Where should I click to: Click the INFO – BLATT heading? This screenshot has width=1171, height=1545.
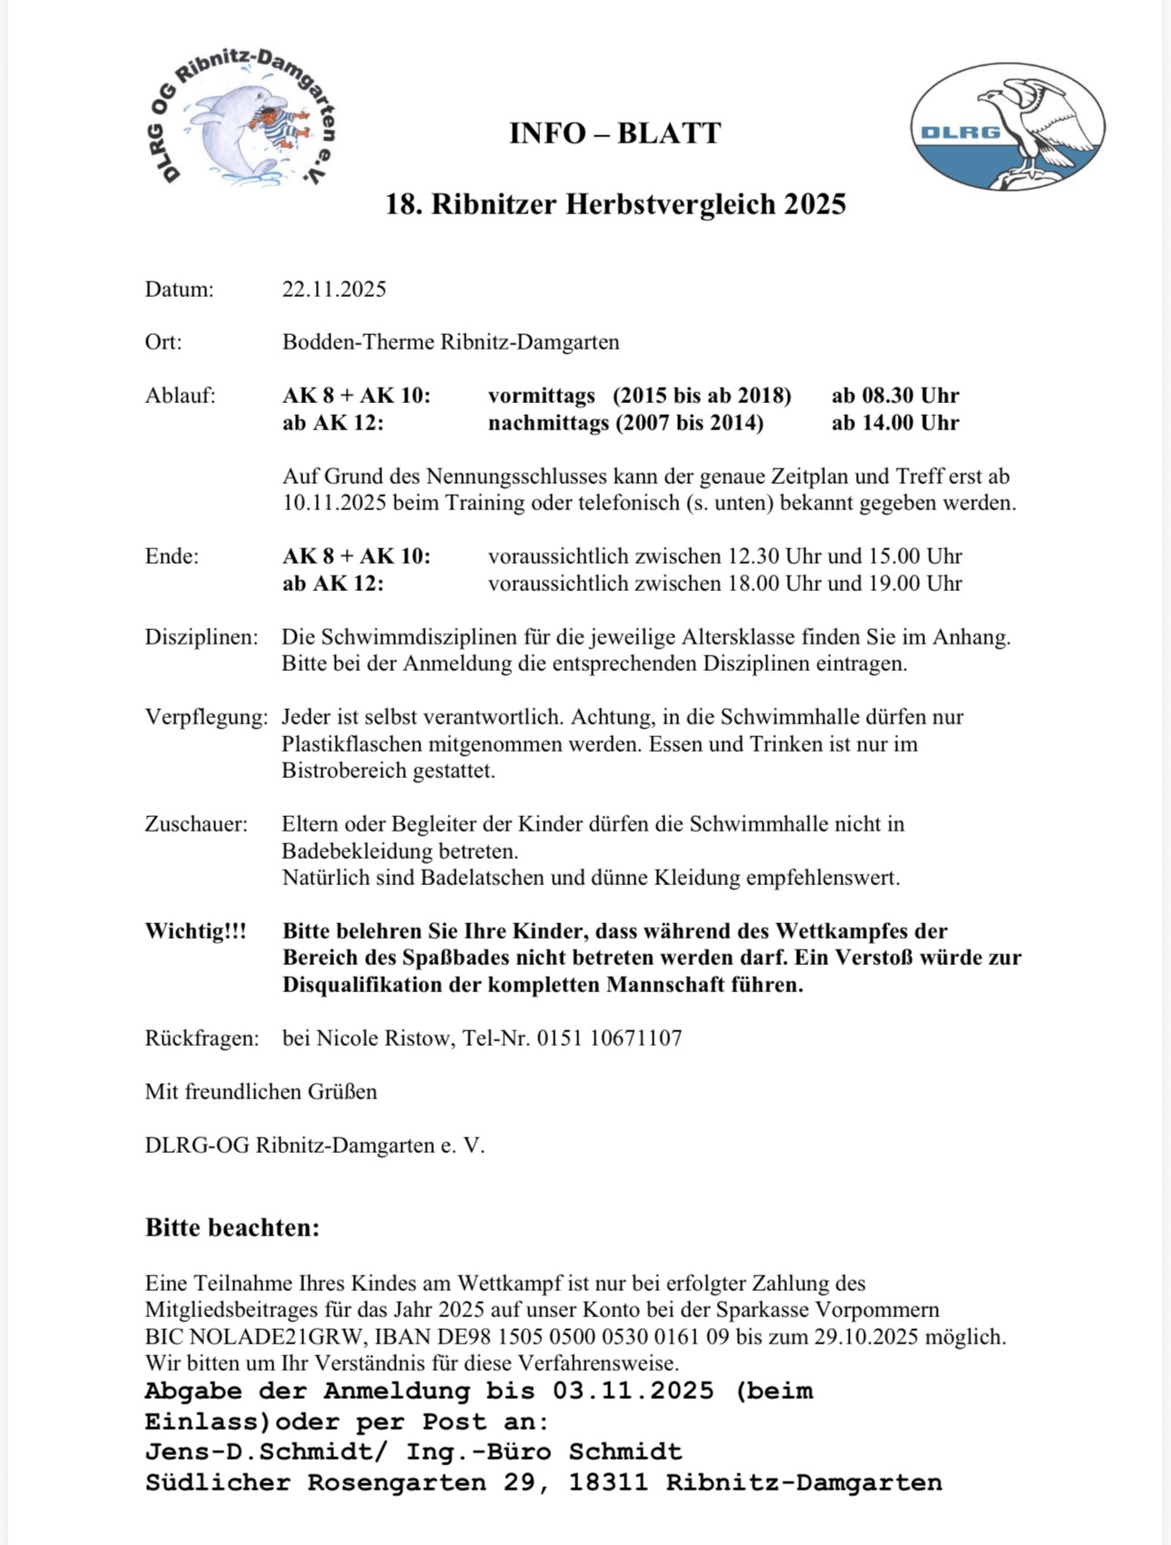[615, 133]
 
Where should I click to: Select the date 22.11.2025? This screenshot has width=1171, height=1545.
[334, 290]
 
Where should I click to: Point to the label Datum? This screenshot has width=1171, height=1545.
[179, 290]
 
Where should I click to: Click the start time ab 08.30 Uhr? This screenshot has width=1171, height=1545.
[895, 396]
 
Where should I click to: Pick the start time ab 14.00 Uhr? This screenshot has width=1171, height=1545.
[895, 423]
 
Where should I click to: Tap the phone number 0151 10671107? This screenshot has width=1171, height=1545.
[609, 1038]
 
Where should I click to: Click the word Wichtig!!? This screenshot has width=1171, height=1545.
[195, 931]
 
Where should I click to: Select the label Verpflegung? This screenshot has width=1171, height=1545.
[206, 717]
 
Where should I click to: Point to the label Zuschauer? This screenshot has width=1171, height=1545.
[196, 824]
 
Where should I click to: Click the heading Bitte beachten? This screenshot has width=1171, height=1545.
[232, 1228]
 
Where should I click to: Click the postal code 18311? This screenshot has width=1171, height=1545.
[608, 1483]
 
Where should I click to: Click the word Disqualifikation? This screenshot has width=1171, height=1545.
[363, 985]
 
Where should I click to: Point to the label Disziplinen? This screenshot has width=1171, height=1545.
[202, 637]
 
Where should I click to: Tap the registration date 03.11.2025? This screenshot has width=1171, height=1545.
[632, 1392]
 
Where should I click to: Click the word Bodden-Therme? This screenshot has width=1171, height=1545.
[359, 342]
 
